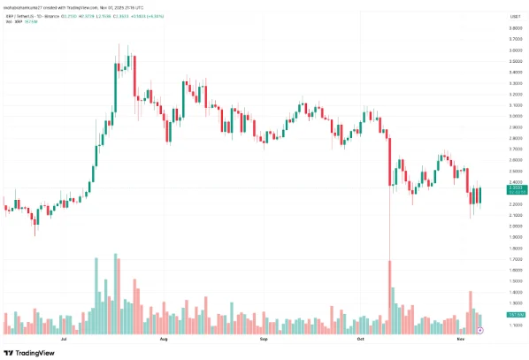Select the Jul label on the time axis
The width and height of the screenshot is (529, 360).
tap(63, 340)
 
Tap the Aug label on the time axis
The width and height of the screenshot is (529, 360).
tap(163, 340)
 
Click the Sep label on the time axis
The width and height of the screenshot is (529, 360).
tap(263, 340)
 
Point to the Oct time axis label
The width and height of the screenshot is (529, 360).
tap(359, 340)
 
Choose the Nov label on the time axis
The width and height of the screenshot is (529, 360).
tap(458, 340)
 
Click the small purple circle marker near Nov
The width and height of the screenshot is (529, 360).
tap(479, 330)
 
